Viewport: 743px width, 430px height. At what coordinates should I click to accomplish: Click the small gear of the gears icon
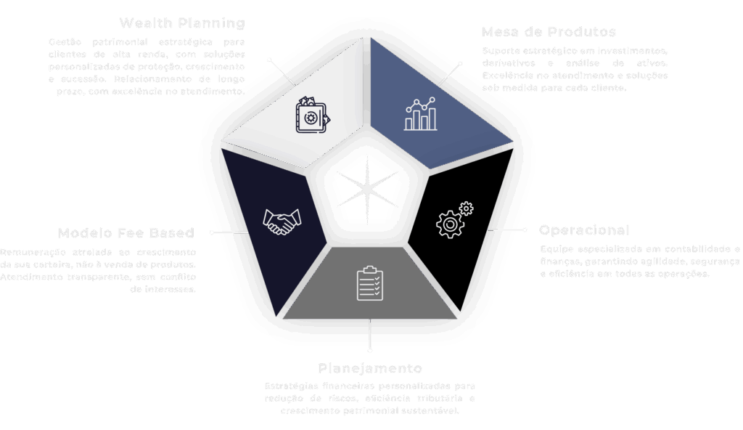click(466, 210)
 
